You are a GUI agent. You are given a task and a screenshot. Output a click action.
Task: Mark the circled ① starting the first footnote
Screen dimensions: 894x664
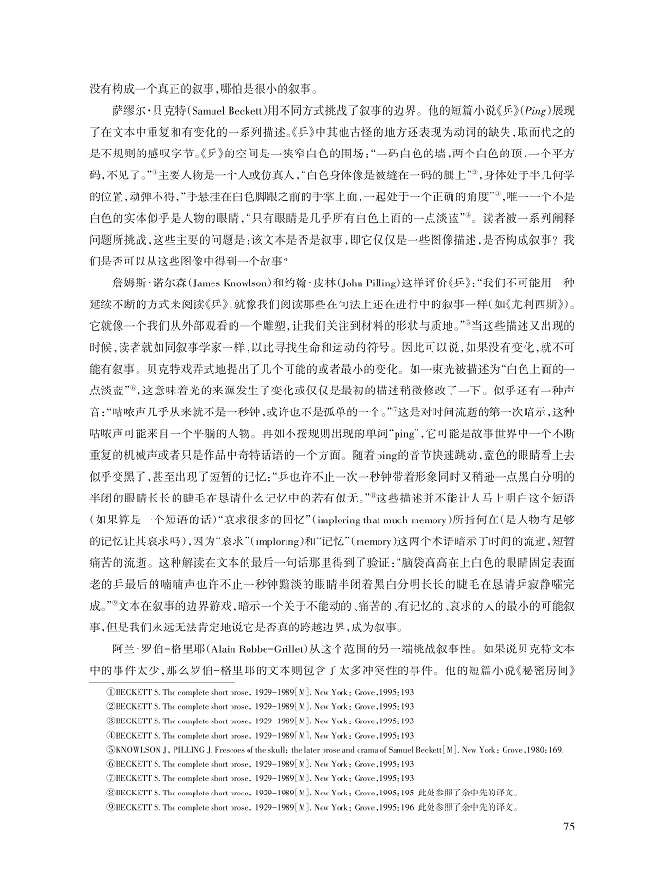[x=107, y=694]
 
